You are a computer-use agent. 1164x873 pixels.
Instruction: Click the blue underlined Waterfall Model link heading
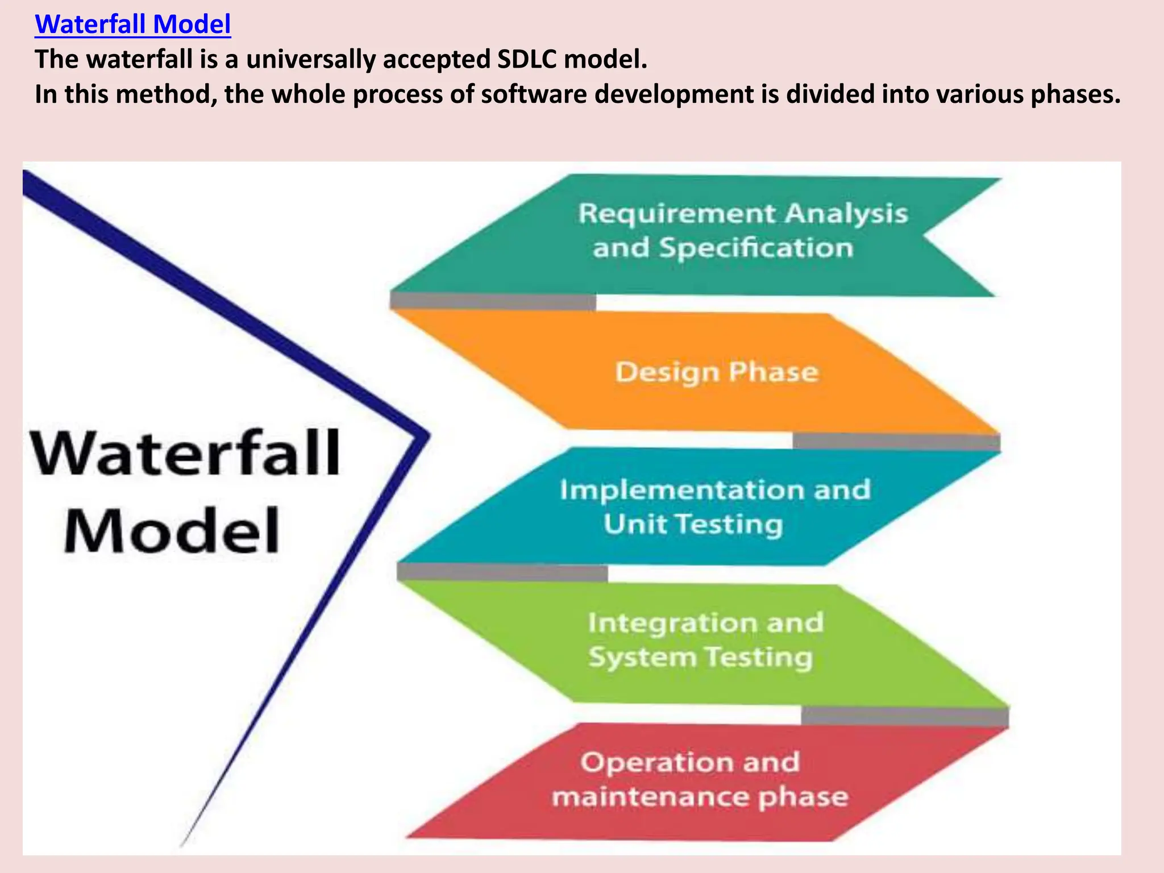132,25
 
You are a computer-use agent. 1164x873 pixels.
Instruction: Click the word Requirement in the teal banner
677,214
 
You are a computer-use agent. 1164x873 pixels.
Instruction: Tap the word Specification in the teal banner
756,248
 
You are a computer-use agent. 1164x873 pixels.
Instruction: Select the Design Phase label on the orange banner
717,372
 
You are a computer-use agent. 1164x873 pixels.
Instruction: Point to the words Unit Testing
693,524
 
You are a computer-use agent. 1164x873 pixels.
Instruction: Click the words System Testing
700,658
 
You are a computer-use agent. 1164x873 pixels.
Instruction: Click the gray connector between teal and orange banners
493,302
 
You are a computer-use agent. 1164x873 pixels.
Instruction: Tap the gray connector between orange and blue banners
896,441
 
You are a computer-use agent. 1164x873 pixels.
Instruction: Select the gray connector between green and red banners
905,716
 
